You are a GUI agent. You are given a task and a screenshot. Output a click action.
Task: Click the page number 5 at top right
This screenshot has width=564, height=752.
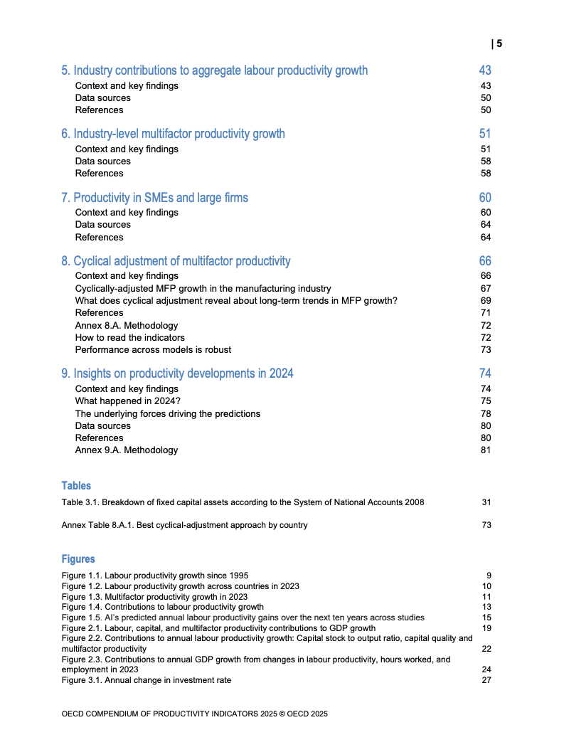(499, 44)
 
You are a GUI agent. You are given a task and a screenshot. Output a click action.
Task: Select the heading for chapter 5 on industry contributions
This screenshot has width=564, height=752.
(215, 70)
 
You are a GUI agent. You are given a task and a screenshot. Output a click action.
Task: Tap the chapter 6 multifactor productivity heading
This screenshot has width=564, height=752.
(173, 134)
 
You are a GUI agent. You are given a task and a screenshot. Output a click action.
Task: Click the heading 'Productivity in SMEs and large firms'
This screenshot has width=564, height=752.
(154, 197)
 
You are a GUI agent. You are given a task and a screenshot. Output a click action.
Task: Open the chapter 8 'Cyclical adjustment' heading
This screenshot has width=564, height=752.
(176, 261)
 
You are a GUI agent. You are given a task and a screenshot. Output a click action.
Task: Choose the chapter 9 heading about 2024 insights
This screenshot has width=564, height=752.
(177, 374)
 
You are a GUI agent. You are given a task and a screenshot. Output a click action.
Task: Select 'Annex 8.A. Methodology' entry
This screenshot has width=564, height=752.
(127, 325)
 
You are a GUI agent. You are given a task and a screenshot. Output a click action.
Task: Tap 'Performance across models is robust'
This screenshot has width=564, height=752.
(153, 349)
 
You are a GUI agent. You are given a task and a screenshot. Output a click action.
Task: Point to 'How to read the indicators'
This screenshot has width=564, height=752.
(129, 337)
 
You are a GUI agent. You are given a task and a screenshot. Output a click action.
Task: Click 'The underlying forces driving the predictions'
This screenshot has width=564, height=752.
(168, 413)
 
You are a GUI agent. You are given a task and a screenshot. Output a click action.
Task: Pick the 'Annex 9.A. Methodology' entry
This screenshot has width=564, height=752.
(127, 450)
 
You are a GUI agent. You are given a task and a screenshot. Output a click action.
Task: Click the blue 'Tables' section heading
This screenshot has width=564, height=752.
(76, 486)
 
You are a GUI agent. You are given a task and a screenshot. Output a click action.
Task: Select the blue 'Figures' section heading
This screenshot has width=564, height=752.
(78, 559)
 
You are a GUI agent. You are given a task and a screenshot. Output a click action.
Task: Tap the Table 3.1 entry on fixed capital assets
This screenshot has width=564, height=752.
(243, 502)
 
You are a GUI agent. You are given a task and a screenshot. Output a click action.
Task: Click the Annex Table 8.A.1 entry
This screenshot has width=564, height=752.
(185, 525)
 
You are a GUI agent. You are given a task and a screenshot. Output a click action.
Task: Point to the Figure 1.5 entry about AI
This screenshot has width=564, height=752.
(243, 618)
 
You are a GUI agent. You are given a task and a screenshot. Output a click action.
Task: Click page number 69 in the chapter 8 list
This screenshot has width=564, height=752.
(486, 300)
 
